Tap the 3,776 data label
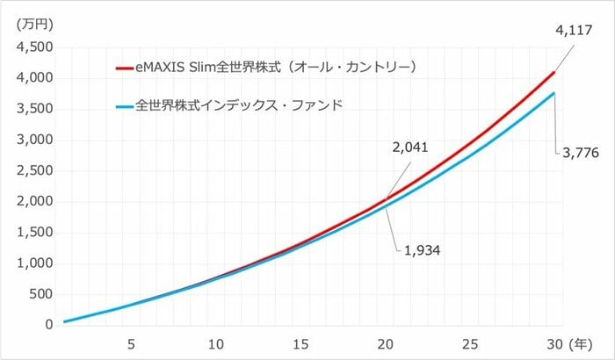581,153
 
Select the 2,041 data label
411,147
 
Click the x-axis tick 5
131,343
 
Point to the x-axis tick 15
302,343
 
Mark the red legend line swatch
127,67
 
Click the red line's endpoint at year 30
554,72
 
